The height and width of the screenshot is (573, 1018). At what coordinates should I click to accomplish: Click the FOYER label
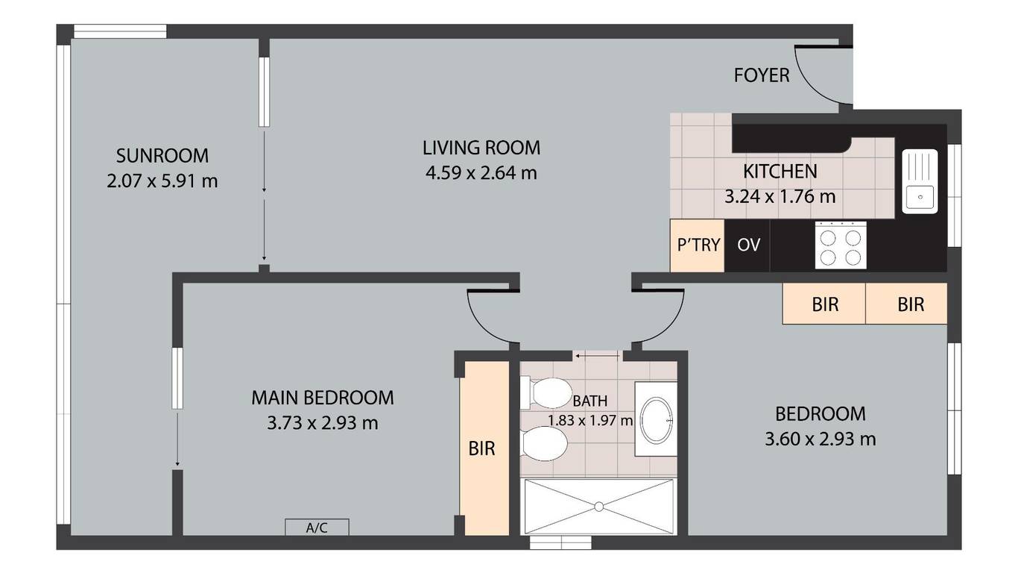click(x=762, y=75)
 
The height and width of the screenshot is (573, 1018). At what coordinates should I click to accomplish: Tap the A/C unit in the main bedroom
click(x=317, y=527)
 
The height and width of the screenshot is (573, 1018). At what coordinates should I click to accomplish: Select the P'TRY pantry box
click(x=698, y=245)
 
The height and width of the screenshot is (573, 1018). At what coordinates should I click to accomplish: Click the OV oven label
click(x=748, y=245)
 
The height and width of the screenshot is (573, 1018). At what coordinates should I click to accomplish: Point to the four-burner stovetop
click(x=841, y=245)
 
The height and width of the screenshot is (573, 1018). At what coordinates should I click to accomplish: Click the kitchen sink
click(x=920, y=181)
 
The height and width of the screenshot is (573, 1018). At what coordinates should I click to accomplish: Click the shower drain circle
click(x=599, y=507)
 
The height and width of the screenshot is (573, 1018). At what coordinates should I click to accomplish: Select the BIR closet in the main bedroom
click(x=484, y=448)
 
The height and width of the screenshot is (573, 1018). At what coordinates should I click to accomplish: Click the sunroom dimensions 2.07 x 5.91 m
click(x=162, y=181)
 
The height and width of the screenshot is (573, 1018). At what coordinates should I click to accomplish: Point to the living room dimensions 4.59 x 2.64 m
click(x=481, y=173)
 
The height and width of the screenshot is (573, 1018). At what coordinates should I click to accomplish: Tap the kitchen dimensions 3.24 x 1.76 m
click(x=780, y=197)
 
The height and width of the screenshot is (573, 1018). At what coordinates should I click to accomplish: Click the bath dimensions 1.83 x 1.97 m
click(x=590, y=420)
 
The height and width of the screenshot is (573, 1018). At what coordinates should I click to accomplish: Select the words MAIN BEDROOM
click(x=322, y=398)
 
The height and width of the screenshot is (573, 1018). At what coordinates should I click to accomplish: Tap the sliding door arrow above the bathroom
click(x=596, y=356)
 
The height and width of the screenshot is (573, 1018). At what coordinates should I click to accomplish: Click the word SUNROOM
click(x=162, y=156)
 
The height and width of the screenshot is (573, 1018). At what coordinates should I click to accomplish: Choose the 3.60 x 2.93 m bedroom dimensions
click(x=821, y=439)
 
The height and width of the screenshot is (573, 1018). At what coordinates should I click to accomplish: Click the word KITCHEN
click(x=780, y=172)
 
